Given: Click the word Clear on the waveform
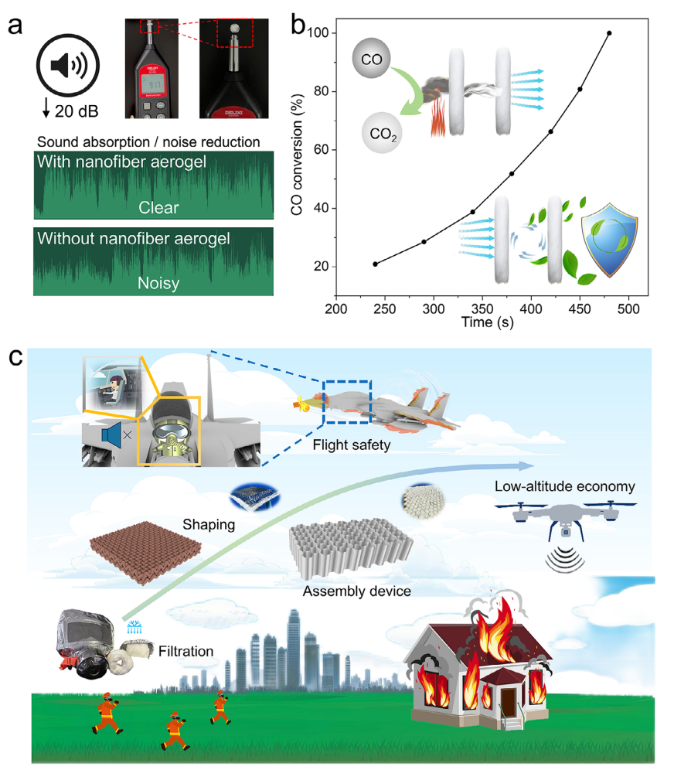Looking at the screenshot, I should pyautogui.click(x=158, y=207).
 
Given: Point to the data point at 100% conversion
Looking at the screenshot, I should pyautogui.click(x=609, y=33).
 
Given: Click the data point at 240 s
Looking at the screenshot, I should pyautogui.click(x=376, y=264).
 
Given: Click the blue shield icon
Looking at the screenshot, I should pyautogui.click(x=611, y=244).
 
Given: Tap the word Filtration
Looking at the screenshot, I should pyautogui.click(x=186, y=651).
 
